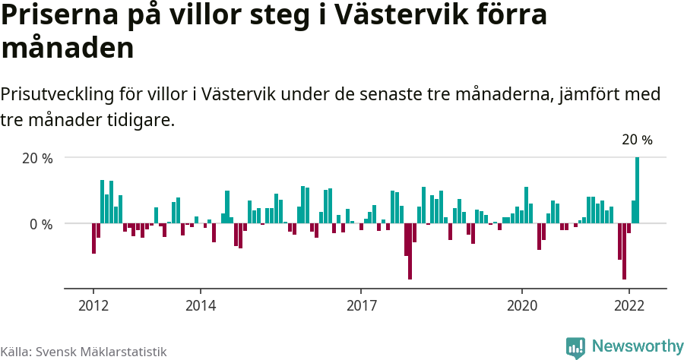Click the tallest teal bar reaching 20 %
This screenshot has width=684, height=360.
click(x=637, y=191)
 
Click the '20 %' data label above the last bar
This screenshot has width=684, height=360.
click(x=637, y=140)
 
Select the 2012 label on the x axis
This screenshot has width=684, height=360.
click(x=93, y=305)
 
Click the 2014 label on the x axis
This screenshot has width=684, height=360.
click(x=200, y=305)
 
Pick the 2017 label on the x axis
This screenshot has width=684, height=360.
click(x=361, y=305)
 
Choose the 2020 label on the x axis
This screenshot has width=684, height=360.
click(x=522, y=305)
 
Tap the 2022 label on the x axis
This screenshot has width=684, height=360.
click(x=629, y=305)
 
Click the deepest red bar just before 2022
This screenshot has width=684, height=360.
click(x=624, y=251)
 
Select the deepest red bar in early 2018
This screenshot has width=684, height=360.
click(x=410, y=251)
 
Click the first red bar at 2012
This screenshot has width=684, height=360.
click(x=93, y=238)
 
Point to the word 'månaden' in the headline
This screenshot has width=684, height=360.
click(x=68, y=49)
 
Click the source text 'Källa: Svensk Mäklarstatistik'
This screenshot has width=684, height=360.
click(x=83, y=352)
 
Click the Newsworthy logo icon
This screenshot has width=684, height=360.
click(x=575, y=347)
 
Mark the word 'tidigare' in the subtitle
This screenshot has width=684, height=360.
click(x=141, y=120)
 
